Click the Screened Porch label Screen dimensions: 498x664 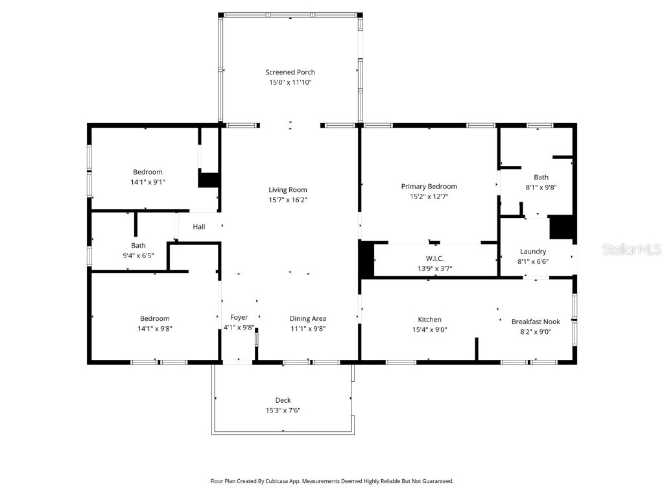pos(290,72)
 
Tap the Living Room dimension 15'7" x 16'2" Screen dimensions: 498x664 pos(287,200)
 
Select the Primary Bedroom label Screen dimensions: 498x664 pos(429,186)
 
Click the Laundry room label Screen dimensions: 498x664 pos(533,252)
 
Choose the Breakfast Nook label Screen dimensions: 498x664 pos(536,322)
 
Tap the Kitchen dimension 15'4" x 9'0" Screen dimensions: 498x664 pos(429,329)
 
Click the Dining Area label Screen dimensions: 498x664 pos(307,318)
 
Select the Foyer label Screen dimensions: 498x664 pos(239,317)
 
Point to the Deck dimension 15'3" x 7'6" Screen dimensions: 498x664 pos(283,410)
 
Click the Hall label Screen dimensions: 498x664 pos(199,227)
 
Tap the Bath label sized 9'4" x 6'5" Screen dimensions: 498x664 pos(138,245)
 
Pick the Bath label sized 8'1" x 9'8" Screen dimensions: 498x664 pos(541,177)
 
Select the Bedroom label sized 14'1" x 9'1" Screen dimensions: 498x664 pos(147,172)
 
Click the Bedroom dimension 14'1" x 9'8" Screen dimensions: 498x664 pos(154,328)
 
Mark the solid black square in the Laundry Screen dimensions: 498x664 pos(562,228)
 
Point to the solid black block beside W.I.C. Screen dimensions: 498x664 pos(367,259)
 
